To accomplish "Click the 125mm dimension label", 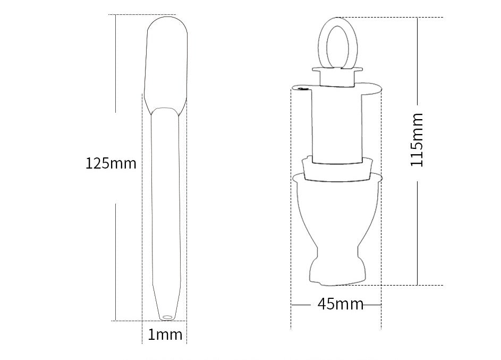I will click(111, 163).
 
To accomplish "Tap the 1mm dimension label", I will click(165, 335).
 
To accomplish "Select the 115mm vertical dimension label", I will click(418, 140).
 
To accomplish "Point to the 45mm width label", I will click(340, 305).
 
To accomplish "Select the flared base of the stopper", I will click(338, 266).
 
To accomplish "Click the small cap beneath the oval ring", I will click(337, 77).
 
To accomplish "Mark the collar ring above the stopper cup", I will click(336, 169).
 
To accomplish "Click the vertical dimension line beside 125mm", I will click(116, 255).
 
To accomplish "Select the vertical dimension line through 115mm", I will click(418, 229).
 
